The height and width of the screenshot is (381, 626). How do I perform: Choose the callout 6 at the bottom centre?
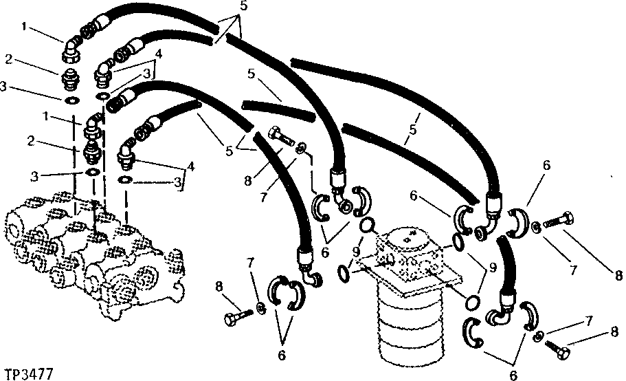point(281,356)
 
